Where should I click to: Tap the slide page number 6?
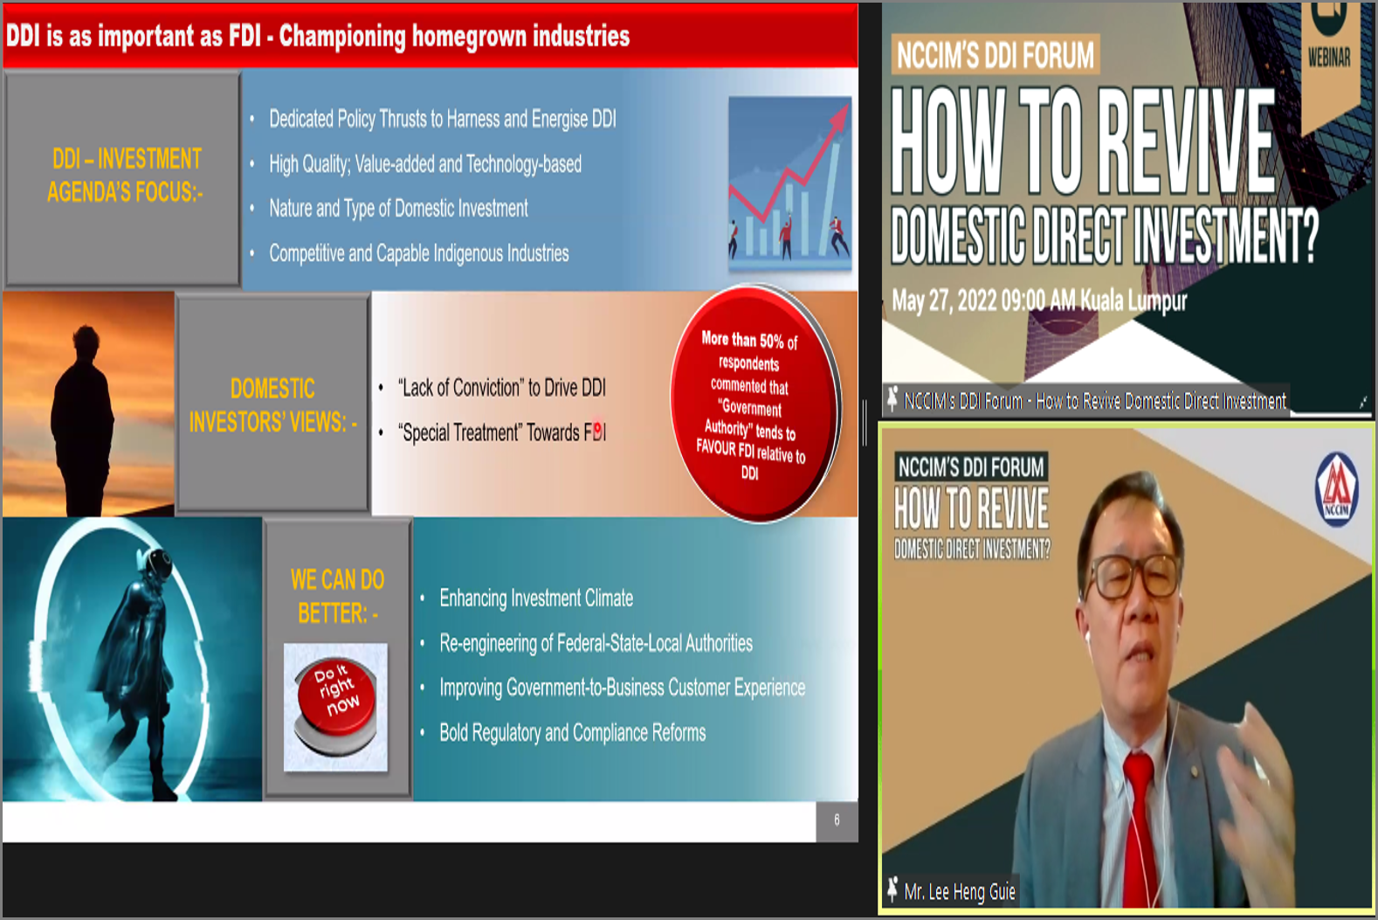(x=837, y=820)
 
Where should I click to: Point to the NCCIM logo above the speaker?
(x=1336, y=489)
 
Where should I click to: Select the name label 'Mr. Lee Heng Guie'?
(x=960, y=891)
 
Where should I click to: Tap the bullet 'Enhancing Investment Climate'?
(x=536, y=598)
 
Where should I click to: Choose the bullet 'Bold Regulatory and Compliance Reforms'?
(x=572, y=732)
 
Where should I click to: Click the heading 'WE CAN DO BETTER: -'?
(x=337, y=597)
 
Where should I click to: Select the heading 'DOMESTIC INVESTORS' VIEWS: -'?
(x=272, y=405)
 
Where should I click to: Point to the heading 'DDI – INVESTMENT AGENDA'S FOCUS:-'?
(x=126, y=176)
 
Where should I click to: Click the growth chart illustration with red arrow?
(x=790, y=183)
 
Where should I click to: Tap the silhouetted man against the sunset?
(x=82, y=419)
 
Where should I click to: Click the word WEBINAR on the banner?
(x=1329, y=58)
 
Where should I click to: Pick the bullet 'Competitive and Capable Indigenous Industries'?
(x=418, y=252)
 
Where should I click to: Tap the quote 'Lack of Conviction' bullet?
(x=501, y=388)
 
